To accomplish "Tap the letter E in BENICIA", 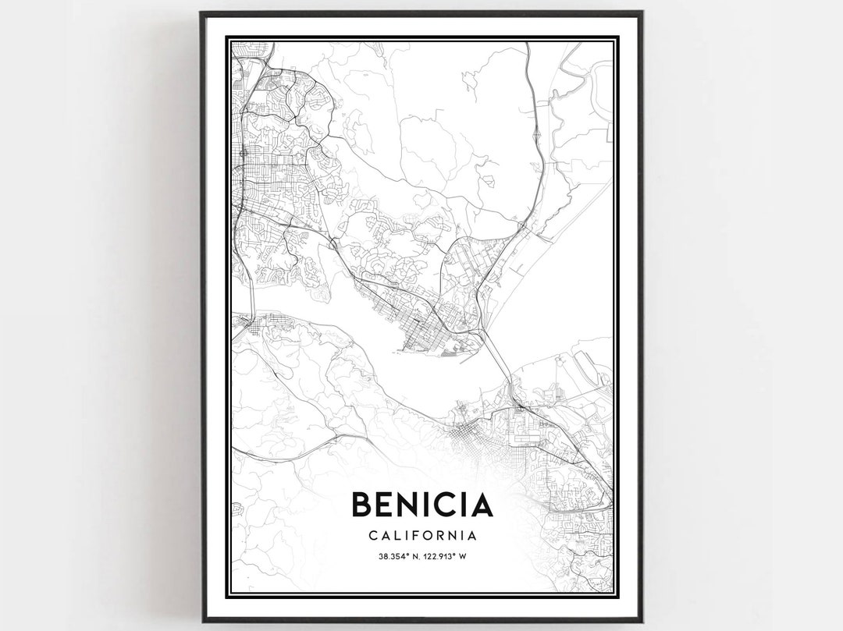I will pos(390,505).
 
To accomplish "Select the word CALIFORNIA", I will pos(422,536).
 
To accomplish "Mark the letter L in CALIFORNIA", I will pos(396,536).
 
